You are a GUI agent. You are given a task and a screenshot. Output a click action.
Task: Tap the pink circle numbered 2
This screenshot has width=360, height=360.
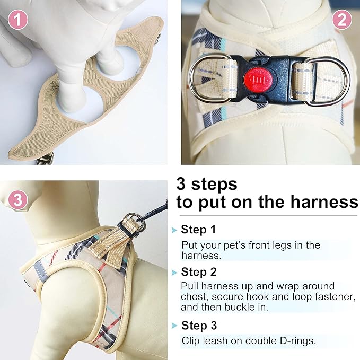(342, 20)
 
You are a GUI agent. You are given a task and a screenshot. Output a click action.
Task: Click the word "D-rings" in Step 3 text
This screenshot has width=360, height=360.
(297, 341)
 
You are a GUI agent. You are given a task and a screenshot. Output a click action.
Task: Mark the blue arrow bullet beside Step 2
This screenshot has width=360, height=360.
(173, 273)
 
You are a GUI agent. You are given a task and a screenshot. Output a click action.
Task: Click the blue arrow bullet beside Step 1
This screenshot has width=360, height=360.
(173, 230)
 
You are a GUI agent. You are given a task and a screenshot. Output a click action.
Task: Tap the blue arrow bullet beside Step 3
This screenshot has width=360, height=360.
(173, 326)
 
